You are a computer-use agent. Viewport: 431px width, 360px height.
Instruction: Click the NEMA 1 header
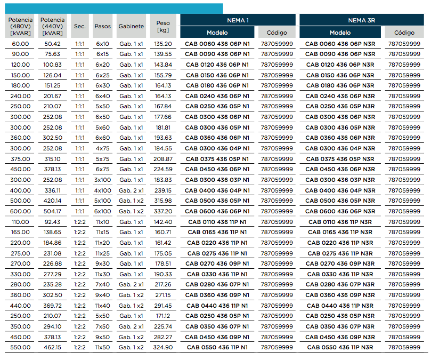[238, 20]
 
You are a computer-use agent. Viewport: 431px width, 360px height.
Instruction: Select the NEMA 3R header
[361, 20]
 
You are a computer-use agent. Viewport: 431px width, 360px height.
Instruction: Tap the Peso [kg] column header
[163, 27]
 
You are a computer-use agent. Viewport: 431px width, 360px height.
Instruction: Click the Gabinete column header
[131, 27]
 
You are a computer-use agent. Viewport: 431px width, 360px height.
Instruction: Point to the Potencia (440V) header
[53, 27]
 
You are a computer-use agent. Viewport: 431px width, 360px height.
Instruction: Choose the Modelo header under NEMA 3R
[340, 33]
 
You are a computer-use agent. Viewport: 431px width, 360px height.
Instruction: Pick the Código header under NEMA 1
[277, 33]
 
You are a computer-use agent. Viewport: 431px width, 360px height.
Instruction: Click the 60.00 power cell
[20, 44]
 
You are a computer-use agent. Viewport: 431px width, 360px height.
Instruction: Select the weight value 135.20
[163, 44]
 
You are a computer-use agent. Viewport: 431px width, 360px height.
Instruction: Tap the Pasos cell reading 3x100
[102, 180]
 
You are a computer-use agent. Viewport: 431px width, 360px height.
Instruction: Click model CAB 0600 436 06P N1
[217, 211]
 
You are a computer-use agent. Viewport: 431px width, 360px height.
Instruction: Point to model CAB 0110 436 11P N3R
[340, 222]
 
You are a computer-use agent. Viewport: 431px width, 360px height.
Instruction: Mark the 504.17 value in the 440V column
[53, 211]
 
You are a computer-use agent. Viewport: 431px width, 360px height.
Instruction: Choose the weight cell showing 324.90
[163, 347]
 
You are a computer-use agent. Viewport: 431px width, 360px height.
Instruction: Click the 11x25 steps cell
[102, 253]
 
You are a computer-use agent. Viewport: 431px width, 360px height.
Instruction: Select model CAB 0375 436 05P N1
[217, 159]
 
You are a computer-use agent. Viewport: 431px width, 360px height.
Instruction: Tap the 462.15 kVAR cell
[53, 347]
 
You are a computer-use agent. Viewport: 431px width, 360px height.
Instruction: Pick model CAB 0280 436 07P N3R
[340, 284]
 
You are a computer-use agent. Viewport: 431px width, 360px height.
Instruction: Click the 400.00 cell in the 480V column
[20, 190]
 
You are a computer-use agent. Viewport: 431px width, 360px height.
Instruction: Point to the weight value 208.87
[163, 159]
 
